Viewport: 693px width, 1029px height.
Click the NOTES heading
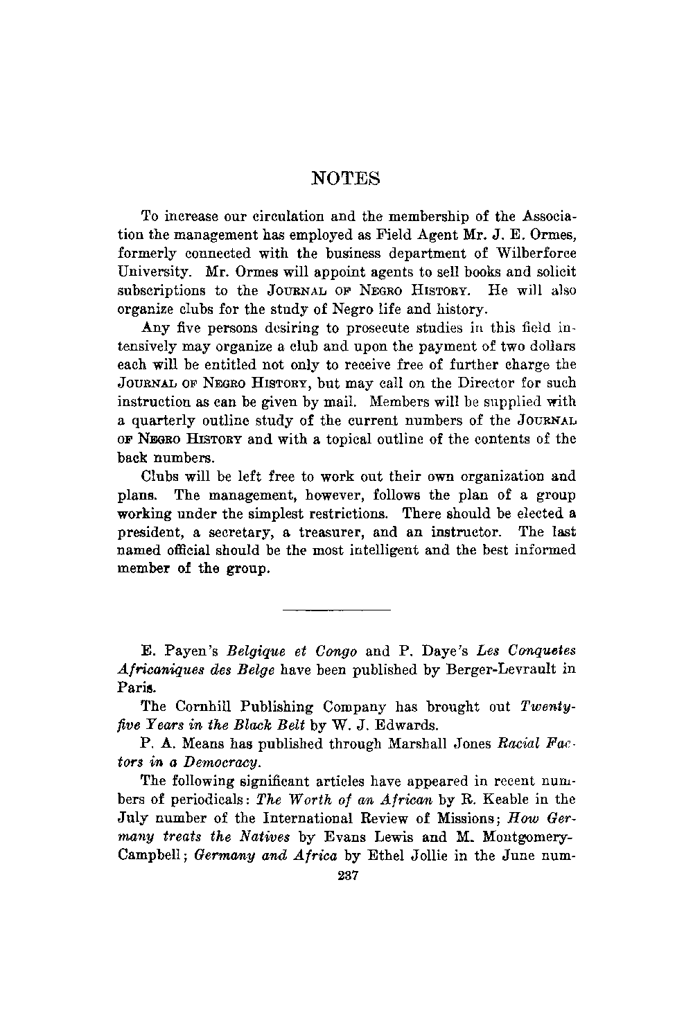[x=346, y=179]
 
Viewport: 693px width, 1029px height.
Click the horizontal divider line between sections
[x=337, y=610]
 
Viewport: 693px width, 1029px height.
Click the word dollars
[x=550, y=346]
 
